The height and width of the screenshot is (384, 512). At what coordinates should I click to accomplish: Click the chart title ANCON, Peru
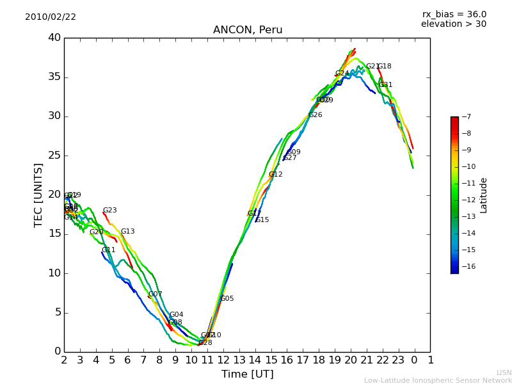[247, 30]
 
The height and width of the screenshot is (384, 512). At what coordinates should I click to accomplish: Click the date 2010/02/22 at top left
[51, 17]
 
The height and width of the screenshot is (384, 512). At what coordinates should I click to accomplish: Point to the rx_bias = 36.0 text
[454, 14]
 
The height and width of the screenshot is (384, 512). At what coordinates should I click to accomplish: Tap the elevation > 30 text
[453, 24]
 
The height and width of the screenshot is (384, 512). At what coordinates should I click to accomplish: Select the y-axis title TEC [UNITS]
[38, 195]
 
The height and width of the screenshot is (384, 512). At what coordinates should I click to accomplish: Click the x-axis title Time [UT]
[247, 374]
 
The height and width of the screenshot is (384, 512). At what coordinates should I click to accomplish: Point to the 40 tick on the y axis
[54, 38]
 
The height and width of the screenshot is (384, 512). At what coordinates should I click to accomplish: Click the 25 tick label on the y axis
[54, 156]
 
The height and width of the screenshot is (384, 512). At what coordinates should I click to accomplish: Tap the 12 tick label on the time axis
[223, 360]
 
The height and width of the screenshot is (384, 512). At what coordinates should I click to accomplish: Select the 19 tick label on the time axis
[335, 360]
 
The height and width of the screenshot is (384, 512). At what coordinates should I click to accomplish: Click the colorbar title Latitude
[484, 195]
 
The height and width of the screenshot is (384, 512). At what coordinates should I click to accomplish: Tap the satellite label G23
[110, 211]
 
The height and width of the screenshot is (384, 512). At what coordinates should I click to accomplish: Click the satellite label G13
[128, 232]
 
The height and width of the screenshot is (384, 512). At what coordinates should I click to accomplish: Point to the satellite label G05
[227, 299]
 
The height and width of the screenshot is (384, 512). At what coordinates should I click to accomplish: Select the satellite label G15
[262, 220]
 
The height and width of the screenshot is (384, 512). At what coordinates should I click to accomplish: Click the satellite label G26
[316, 115]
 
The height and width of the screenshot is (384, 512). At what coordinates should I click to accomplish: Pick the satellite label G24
[342, 74]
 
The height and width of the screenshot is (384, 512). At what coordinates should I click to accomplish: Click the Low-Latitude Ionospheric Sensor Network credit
[438, 380]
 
